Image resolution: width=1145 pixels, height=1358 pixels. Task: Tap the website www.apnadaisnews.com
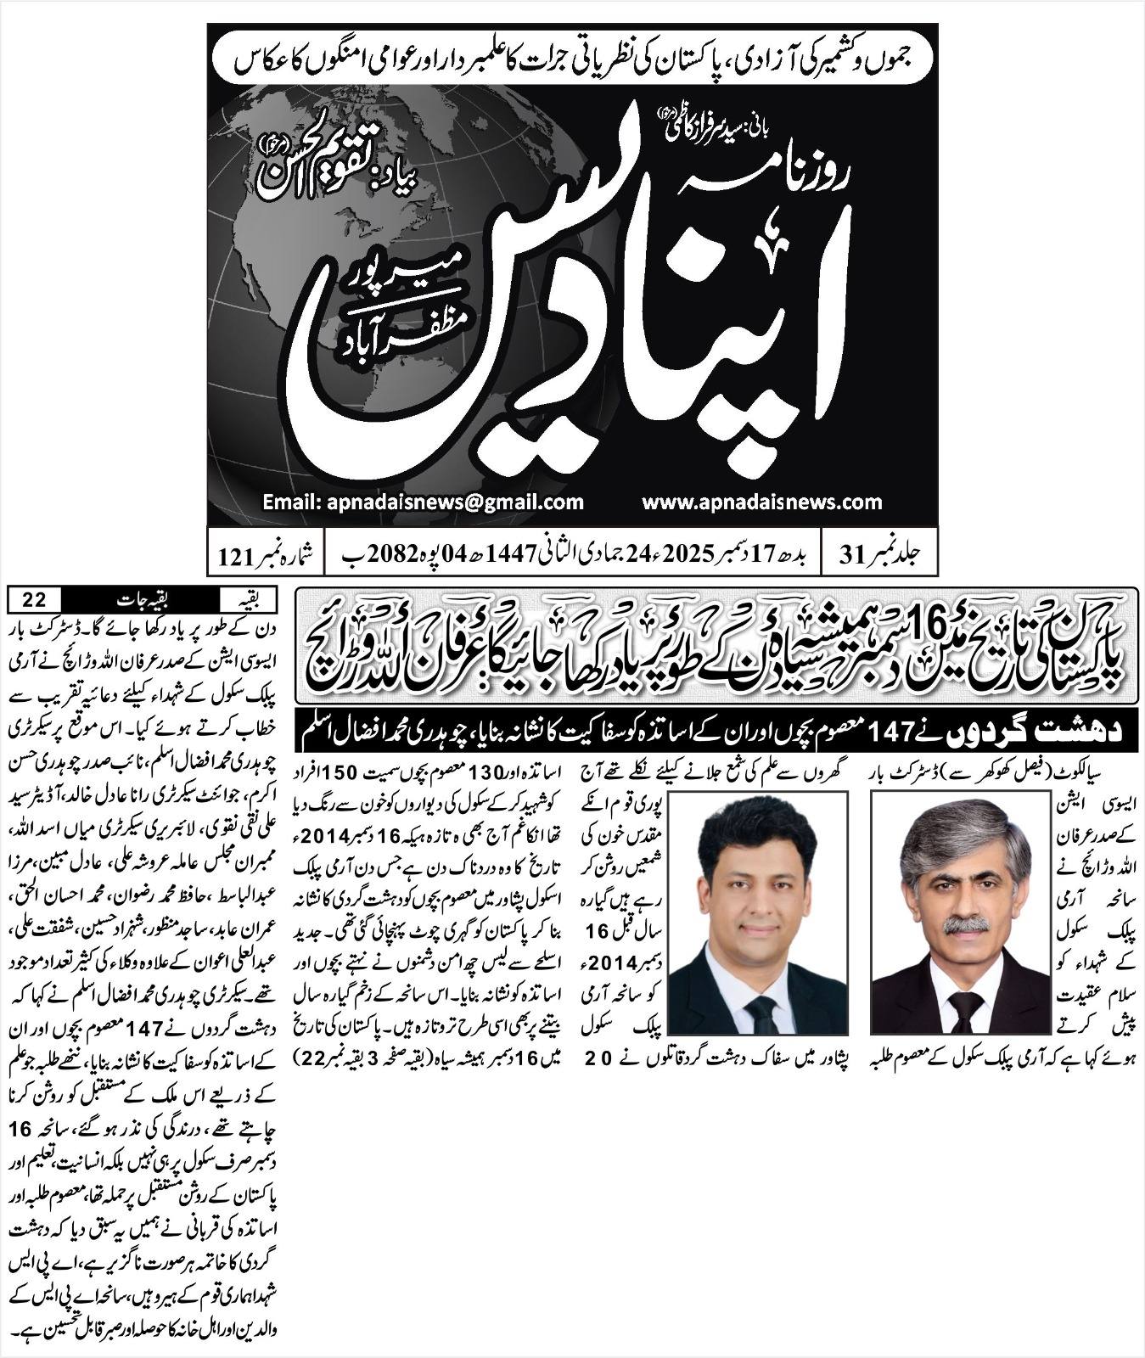[761, 502]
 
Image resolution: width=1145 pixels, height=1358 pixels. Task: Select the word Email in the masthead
[289, 502]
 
